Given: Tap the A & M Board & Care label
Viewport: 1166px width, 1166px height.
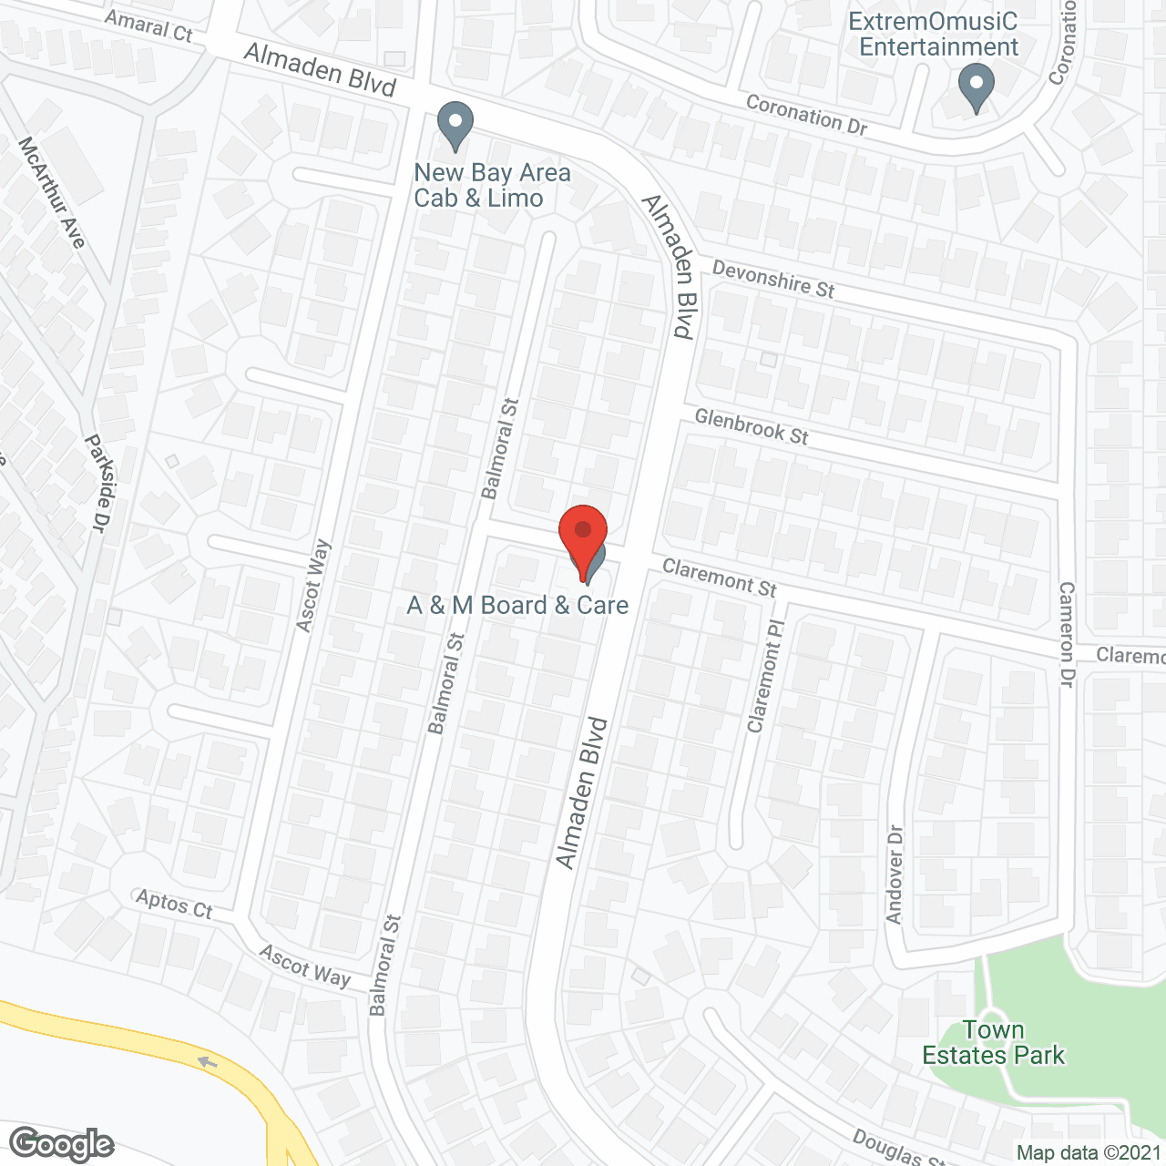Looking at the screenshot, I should (517, 606).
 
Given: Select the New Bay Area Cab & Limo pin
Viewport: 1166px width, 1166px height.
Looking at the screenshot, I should (455, 126).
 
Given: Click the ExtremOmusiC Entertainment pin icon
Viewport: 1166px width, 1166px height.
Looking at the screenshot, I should (976, 89).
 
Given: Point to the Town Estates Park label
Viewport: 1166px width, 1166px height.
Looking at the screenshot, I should (993, 1043).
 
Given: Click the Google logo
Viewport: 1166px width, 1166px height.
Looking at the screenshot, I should (61, 1144).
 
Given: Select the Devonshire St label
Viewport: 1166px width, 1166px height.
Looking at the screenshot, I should (772, 279).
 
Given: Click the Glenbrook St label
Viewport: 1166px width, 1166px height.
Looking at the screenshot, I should (752, 426).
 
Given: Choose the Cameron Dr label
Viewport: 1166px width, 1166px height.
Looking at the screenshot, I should (1067, 635).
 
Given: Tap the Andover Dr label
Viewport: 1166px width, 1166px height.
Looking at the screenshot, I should (895, 874).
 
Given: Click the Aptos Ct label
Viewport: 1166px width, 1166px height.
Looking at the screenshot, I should (174, 904).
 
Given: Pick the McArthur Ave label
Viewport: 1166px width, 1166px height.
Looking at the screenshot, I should (52, 192).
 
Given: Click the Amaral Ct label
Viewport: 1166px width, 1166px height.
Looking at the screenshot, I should (148, 26).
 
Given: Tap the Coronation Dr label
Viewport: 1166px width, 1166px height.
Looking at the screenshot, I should (806, 115).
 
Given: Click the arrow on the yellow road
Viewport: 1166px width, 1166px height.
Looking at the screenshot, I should (208, 1062).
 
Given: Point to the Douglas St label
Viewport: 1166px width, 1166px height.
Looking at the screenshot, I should (898, 1148).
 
